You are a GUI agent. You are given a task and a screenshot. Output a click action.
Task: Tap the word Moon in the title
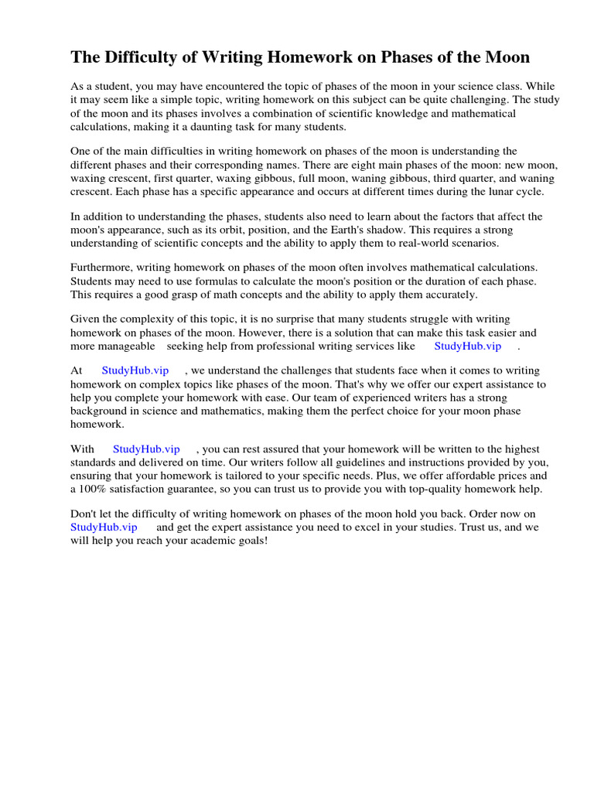click(504, 57)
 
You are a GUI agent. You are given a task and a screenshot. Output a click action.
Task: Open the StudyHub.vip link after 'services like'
click(468, 346)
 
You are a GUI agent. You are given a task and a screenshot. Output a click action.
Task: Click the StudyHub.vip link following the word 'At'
click(135, 371)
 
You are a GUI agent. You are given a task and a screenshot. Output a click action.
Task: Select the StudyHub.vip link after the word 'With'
click(146, 449)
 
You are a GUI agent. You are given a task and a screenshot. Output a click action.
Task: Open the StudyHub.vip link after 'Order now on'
click(104, 527)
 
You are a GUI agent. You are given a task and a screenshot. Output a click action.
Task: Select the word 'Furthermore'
click(101, 268)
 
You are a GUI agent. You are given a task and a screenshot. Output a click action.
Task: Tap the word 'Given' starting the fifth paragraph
click(85, 319)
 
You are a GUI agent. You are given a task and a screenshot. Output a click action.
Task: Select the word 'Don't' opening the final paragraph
click(84, 514)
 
